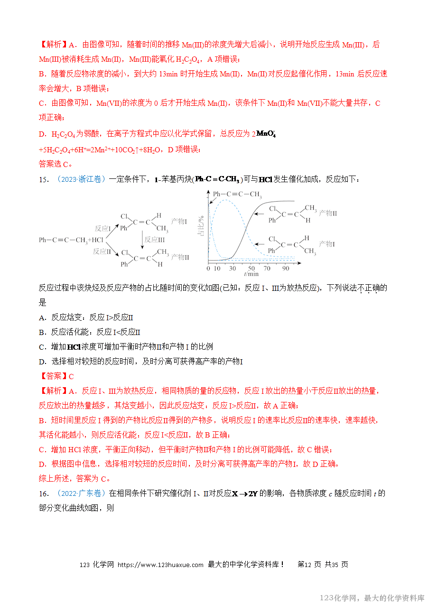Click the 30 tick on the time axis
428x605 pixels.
(x=233, y=269)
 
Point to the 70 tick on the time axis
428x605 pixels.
(x=268, y=269)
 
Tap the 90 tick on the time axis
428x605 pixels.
(x=286, y=269)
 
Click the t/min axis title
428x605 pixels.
(x=251, y=274)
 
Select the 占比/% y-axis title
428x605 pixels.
(x=201, y=227)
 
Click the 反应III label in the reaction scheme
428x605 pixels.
(x=155, y=240)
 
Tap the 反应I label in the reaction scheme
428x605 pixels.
(x=102, y=228)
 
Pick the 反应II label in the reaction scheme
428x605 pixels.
(x=102, y=251)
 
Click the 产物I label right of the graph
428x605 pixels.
(x=326, y=244)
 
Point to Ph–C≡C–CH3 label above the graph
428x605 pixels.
(x=237, y=194)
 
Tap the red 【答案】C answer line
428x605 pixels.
(x=56, y=376)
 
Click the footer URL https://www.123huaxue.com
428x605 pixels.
(x=160, y=565)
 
